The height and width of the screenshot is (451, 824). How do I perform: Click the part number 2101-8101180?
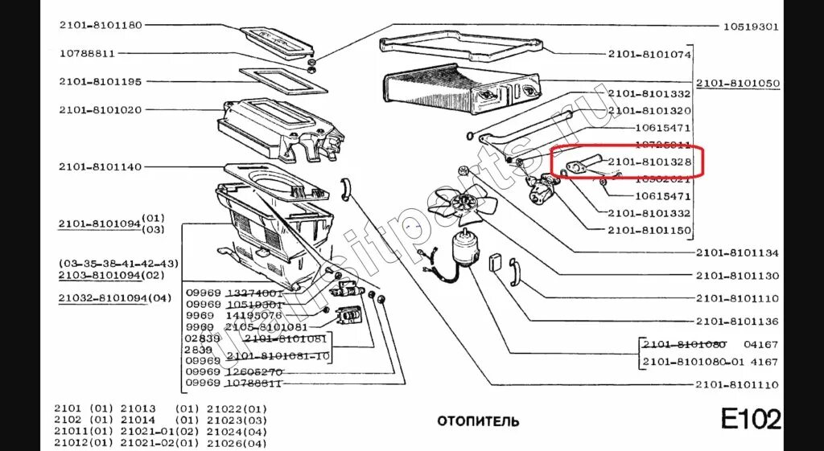coord(100,25)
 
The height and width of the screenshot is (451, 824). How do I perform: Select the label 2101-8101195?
coord(100,81)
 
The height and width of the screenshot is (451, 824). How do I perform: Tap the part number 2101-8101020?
coord(100,109)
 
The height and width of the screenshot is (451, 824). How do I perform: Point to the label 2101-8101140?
coord(100,166)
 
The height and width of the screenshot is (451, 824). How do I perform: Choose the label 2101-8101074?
coord(650,54)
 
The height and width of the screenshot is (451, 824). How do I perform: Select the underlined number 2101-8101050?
coord(738,84)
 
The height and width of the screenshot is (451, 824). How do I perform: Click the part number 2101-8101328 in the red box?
coord(650,162)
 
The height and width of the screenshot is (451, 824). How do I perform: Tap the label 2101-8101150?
coord(650,230)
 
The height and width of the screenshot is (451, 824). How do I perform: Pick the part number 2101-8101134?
coord(738,253)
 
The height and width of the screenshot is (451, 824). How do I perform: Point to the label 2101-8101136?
coord(738,322)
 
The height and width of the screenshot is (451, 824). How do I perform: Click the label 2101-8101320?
coord(650,110)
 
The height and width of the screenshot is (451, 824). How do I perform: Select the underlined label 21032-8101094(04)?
coord(115,298)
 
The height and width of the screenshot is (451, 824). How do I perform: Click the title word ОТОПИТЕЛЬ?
coord(478,421)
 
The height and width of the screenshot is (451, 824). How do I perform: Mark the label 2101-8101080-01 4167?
coord(709,362)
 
